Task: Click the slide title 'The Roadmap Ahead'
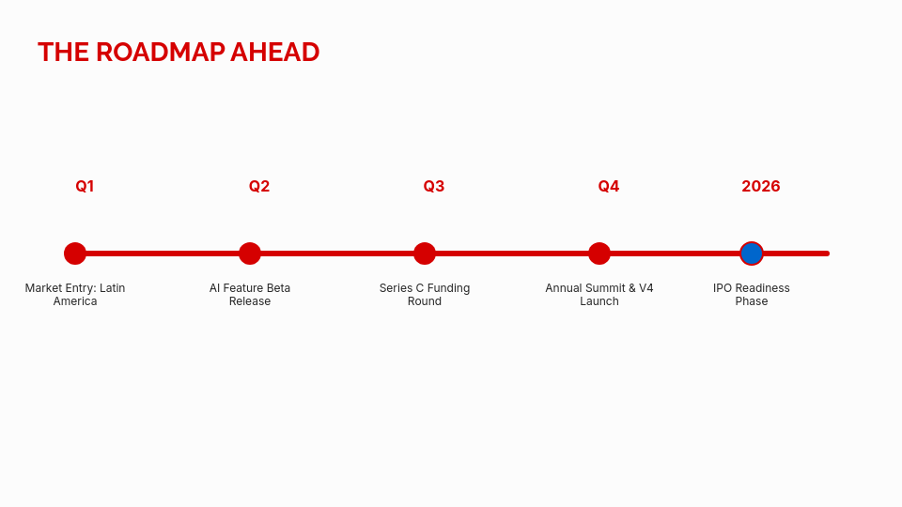(179, 53)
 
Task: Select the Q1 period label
(85, 186)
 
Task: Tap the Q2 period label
(259, 186)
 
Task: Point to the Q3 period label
(434, 186)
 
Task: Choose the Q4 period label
(609, 186)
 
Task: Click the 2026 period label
(761, 186)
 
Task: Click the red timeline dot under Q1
(75, 253)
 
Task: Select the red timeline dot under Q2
(250, 253)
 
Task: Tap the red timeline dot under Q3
(425, 253)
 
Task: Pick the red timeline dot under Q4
(599, 253)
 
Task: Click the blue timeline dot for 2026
(752, 253)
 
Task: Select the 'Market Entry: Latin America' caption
(75, 295)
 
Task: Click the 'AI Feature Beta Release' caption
(250, 295)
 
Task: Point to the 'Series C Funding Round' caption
(425, 295)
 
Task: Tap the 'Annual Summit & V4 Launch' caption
(599, 295)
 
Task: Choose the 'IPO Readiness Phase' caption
(752, 295)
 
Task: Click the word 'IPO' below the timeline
(723, 288)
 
